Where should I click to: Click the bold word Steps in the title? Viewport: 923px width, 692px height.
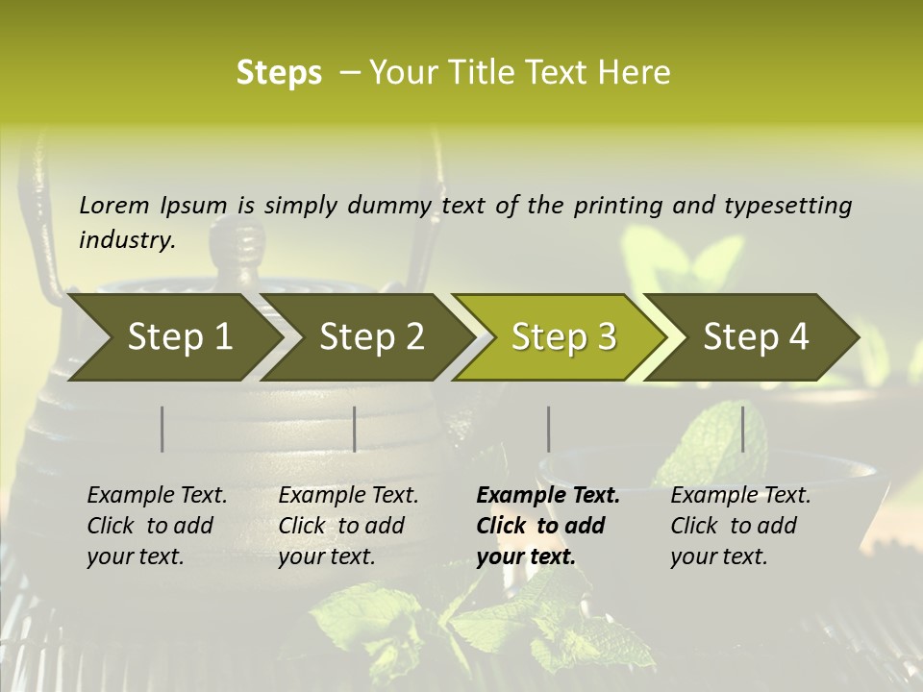click(279, 73)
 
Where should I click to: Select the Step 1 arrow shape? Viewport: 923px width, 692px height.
click(173, 337)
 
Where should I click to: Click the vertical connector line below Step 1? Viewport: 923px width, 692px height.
click(162, 429)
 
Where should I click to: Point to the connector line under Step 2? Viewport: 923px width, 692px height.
click(355, 429)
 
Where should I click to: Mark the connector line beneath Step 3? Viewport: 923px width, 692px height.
click(549, 429)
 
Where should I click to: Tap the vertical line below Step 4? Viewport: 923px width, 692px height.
click(743, 429)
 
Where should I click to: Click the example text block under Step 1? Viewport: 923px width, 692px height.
click(157, 526)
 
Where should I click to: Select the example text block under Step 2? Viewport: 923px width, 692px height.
click(348, 526)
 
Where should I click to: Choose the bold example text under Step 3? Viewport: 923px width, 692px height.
click(548, 526)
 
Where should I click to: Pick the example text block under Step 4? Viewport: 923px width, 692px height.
click(740, 526)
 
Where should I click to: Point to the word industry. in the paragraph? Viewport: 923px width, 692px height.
click(127, 239)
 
